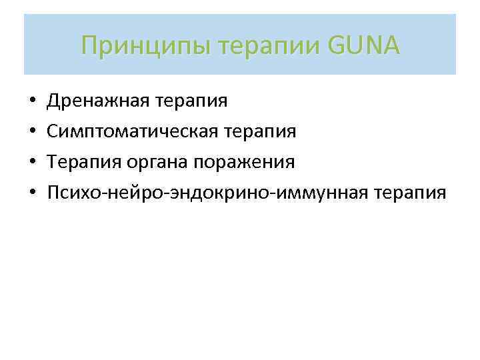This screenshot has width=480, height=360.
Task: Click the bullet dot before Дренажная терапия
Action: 32,102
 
